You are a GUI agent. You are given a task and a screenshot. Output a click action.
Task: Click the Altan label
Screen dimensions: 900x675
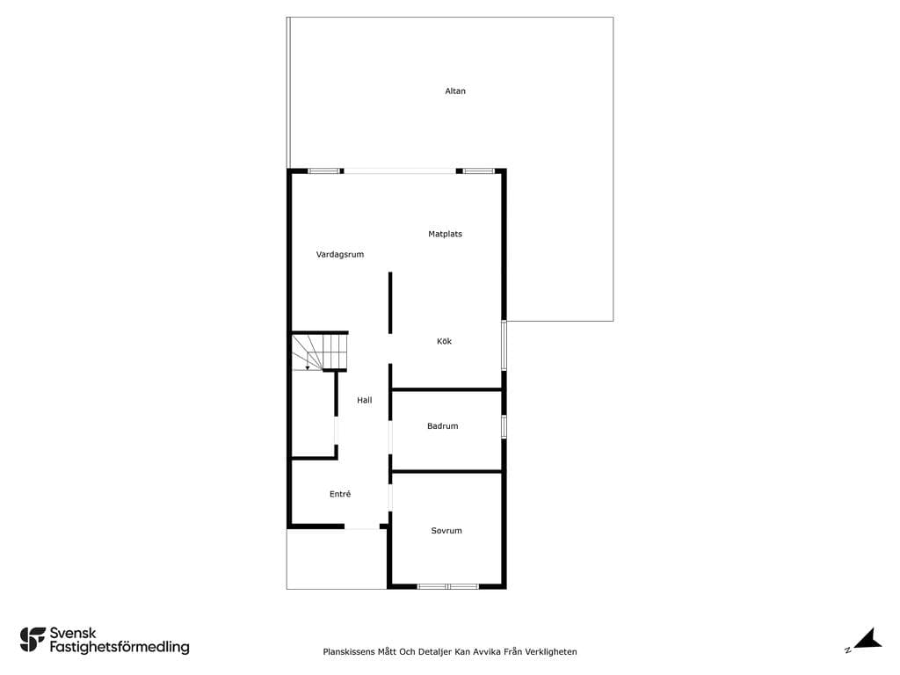tap(455, 91)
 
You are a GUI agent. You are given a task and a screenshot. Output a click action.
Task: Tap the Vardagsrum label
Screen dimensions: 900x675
tap(340, 254)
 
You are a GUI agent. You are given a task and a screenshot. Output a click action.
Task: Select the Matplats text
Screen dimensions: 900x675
tap(445, 234)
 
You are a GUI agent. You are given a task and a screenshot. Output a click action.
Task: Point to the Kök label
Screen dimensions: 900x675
tap(444, 341)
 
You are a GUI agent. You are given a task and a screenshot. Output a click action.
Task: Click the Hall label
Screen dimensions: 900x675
tap(365, 400)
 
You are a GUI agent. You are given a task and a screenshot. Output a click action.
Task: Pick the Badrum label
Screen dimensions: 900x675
tap(443, 426)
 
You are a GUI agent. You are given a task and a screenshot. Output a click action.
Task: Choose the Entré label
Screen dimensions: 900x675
tap(340, 494)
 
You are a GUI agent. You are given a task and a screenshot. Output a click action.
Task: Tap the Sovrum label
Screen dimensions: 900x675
tap(446, 530)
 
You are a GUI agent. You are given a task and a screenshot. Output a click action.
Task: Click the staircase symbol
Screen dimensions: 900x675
tap(320, 352)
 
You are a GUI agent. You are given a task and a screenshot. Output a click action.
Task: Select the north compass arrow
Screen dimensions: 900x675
tap(867, 640)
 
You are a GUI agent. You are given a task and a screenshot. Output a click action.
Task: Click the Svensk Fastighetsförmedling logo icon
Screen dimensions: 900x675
tap(33, 640)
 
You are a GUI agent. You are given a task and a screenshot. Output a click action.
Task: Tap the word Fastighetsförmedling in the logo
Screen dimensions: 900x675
tap(120, 648)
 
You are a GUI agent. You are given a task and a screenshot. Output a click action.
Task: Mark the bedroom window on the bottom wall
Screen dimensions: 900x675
tap(447, 586)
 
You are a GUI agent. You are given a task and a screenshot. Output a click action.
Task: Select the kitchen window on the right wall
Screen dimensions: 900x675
tap(504, 345)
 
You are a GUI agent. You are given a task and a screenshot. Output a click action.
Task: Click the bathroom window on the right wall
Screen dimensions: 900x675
tap(504, 427)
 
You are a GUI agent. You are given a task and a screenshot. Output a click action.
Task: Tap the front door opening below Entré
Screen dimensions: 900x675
tap(362, 527)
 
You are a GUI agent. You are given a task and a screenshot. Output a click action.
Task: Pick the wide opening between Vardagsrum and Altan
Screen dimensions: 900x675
tap(400, 171)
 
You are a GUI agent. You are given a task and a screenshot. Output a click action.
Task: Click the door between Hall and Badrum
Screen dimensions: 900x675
tap(390, 438)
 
